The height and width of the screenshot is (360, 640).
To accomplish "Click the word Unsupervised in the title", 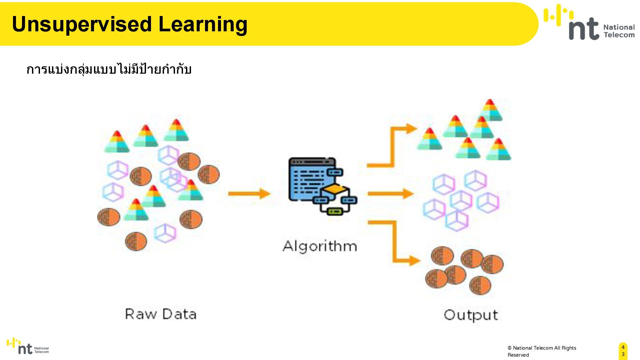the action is tap(82, 24).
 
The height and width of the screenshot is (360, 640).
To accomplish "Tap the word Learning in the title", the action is tap(203, 24).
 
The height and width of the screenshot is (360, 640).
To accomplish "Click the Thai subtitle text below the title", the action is tap(109, 69).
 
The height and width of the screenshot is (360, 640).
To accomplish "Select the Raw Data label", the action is tap(161, 314).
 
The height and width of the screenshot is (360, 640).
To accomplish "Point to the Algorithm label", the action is tap(320, 246).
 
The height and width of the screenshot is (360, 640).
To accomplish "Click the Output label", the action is tap(471, 315).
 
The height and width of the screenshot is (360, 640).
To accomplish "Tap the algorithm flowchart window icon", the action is tap(322, 186).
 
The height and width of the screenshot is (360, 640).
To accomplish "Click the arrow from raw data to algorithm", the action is tap(249, 194).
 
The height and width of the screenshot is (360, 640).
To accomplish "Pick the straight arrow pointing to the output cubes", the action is tap(390, 194).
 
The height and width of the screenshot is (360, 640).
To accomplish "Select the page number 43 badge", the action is tap(623, 351).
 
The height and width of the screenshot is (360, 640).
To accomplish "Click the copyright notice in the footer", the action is tap(542, 351).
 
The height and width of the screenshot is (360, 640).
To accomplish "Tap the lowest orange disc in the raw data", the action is tap(136, 241).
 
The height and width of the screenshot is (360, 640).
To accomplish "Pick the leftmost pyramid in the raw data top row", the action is tap(117, 141).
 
